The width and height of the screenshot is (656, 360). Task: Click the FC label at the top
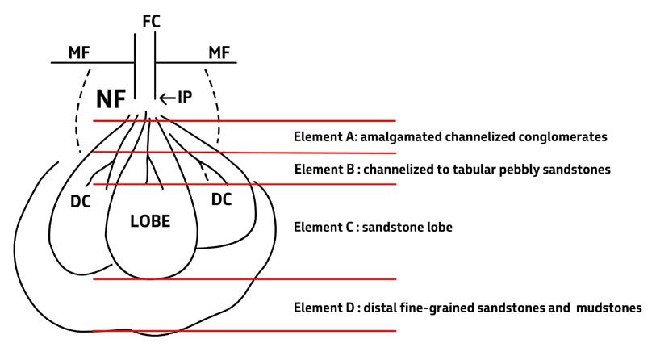click(150, 21)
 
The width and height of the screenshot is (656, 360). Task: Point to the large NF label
click(111, 99)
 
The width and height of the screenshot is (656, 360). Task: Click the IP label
click(185, 98)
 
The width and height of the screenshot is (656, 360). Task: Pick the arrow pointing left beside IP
click(166, 98)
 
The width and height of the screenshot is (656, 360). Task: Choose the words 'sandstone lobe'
click(407, 228)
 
